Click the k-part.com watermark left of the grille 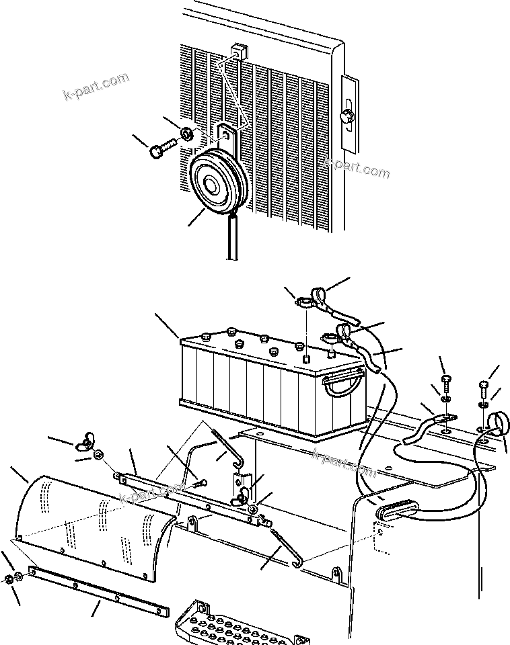(x=95, y=88)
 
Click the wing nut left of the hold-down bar (x=86, y=441)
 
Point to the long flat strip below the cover (x=98, y=589)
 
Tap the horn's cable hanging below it (x=233, y=239)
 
